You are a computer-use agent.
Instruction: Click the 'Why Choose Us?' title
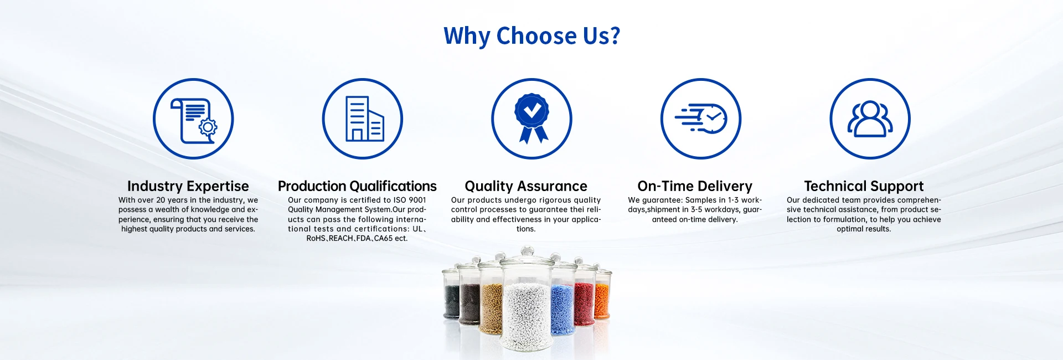[x=531, y=36]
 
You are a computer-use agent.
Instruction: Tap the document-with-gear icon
[x=193, y=119]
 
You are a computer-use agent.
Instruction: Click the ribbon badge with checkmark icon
[x=531, y=119]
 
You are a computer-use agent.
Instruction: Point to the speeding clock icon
[x=701, y=119]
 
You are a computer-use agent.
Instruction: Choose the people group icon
[x=870, y=119]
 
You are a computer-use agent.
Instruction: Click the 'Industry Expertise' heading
[x=188, y=186]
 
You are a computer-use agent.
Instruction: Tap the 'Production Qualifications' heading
[x=357, y=186]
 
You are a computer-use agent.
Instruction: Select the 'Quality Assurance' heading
[x=526, y=186]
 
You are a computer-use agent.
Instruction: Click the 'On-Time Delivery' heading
[x=695, y=186]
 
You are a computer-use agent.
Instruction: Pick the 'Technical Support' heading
[x=864, y=186]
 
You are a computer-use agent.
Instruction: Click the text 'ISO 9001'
[x=410, y=200]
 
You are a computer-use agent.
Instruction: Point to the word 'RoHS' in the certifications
[x=316, y=238]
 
